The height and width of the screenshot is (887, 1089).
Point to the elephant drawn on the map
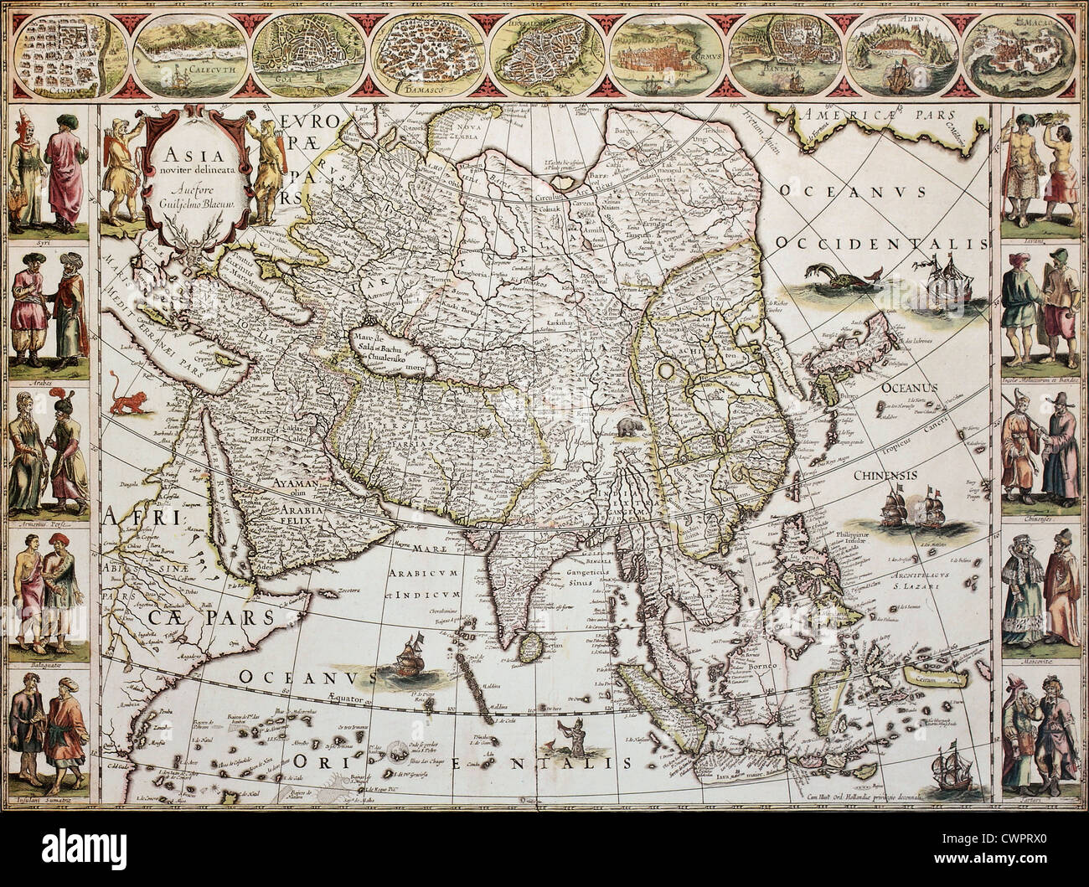click(627, 429)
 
